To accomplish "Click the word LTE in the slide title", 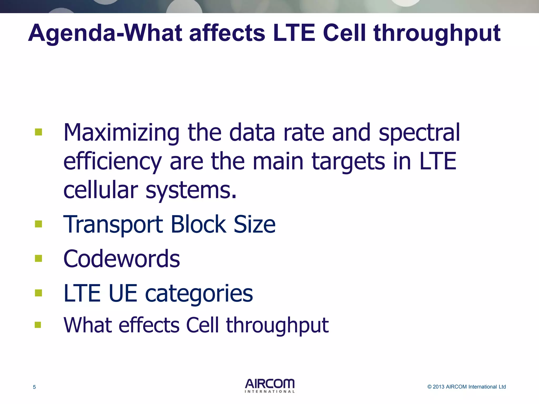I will (x=294, y=33).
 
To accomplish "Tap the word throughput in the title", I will (x=437, y=34).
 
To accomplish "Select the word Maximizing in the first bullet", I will (x=121, y=133).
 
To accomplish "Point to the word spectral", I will (x=419, y=133).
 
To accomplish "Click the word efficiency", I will (x=112, y=161).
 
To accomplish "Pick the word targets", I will (x=348, y=161).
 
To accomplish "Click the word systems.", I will (x=191, y=190).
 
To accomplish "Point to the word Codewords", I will (x=122, y=259).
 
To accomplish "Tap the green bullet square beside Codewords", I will (x=38, y=258).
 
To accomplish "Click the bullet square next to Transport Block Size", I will (x=38, y=224).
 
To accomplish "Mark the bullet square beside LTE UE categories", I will (x=38, y=293).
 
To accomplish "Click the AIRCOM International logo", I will (x=269, y=386).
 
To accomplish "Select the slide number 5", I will (x=34, y=387).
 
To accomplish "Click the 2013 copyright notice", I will (x=466, y=387).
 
